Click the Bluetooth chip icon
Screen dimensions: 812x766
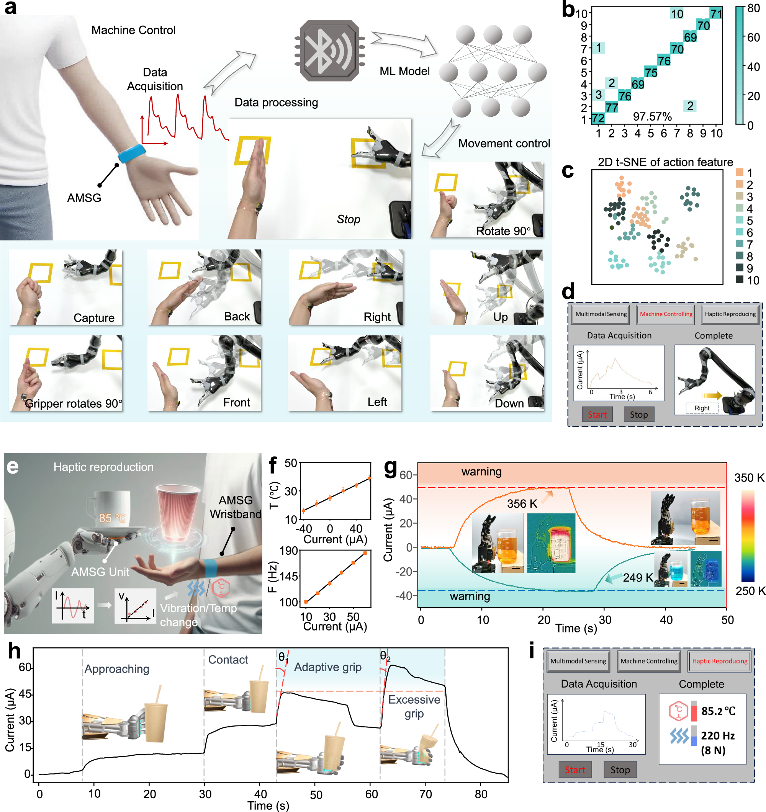click(x=329, y=51)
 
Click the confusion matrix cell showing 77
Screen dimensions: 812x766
click(x=611, y=107)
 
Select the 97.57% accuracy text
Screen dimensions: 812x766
click(x=652, y=117)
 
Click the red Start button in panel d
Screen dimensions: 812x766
click(x=597, y=415)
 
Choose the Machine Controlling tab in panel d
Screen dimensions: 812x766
click(x=666, y=314)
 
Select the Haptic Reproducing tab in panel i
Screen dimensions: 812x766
click(x=719, y=661)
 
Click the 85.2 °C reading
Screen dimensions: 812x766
click(x=718, y=711)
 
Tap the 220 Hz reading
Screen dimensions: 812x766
click(x=717, y=735)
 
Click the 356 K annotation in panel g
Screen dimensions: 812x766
click(x=522, y=503)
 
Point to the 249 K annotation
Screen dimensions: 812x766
click(x=637, y=578)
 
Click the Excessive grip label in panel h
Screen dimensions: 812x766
click(x=414, y=707)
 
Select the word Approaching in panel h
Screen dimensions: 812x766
click(x=117, y=669)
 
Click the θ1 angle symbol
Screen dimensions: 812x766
click(x=283, y=657)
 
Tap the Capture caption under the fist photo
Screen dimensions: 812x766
click(x=94, y=318)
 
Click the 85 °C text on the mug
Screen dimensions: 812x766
click(x=112, y=518)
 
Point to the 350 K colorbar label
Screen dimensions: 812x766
click(x=749, y=477)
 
